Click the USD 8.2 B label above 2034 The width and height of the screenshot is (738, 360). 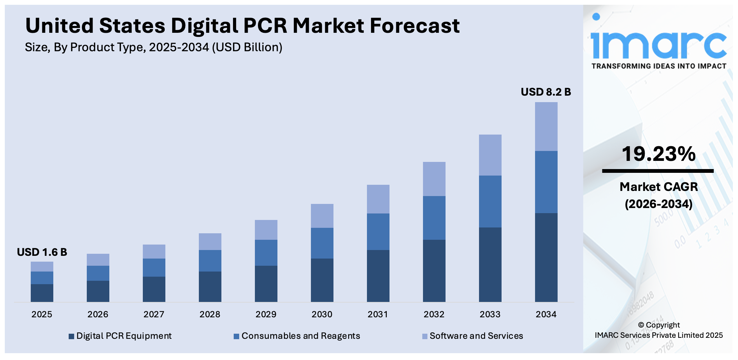(546, 92)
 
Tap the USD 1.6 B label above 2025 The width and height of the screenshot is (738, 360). (42, 252)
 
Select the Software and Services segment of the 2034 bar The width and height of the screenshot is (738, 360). (546, 126)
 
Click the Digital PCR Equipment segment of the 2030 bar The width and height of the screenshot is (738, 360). (322, 280)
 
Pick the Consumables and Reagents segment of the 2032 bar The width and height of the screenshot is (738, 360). (434, 218)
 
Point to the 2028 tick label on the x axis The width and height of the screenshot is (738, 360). (210, 314)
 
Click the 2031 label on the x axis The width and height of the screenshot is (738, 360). (378, 314)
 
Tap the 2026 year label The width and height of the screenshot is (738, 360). (98, 314)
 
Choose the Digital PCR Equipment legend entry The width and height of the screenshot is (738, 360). (120, 336)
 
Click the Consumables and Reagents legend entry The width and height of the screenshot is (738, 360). (297, 336)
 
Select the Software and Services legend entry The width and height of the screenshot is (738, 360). (473, 336)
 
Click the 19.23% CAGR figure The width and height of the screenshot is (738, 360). (658, 154)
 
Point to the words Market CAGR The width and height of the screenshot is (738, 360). (658, 187)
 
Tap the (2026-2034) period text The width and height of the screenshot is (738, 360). (658, 204)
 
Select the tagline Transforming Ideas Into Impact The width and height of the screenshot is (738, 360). (658, 66)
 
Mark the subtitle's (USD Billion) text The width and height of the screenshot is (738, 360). (247, 47)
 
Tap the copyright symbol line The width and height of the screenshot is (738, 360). (659, 325)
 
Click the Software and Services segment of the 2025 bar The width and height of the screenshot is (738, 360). (42, 266)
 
